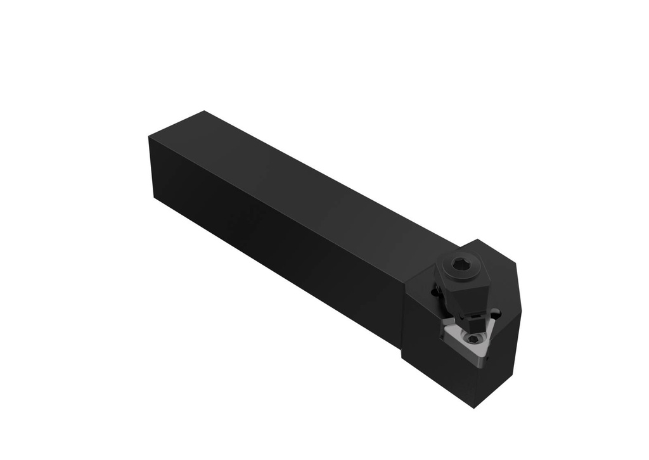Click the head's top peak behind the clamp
point(480,242)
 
